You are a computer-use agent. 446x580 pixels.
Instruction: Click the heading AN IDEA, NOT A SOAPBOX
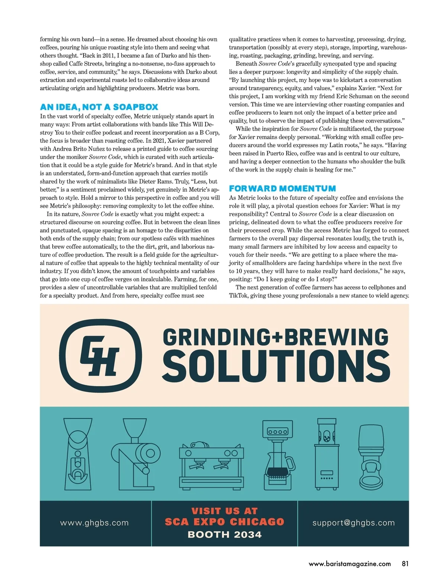[x=99, y=107]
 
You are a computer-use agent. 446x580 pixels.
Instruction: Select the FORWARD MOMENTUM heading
[x=282, y=189]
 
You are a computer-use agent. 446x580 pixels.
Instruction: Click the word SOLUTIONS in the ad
[x=276, y=367]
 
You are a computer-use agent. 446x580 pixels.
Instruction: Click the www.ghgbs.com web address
[x=94, y=523]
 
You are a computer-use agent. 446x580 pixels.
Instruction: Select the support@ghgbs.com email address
[x=353, y=523]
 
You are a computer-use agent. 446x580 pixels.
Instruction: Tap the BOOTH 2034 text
[x=224, y=535]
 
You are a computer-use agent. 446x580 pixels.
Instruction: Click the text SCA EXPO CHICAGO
[x=224, y=522]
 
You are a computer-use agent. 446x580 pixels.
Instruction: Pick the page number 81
[x=405, y=564]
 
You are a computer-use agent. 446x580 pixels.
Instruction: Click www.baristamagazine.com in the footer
[x=350, y=564]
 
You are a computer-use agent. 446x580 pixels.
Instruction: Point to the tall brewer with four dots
[x=327, y=454]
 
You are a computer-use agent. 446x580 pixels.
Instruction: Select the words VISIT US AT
[x=224, y=511]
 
